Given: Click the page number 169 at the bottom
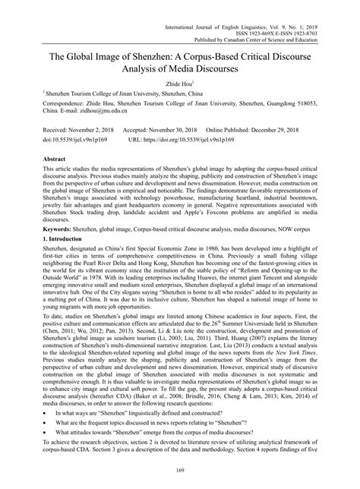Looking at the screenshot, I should point(180,475).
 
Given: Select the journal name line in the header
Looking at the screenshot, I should point(270,5).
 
